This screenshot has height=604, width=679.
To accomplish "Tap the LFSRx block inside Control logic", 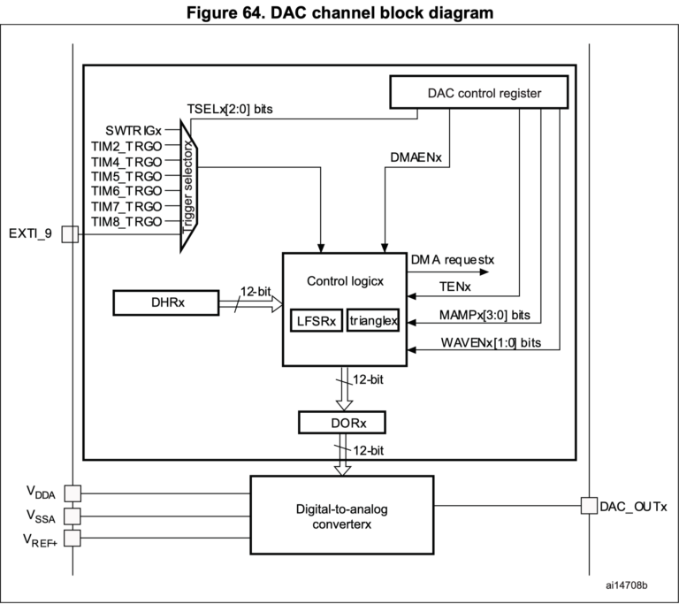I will tap(316, 320).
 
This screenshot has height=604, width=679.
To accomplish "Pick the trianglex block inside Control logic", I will tap(372, 320).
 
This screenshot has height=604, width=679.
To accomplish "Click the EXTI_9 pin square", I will tap(71, 233).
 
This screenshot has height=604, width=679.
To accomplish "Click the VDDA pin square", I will tap(72, 493).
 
